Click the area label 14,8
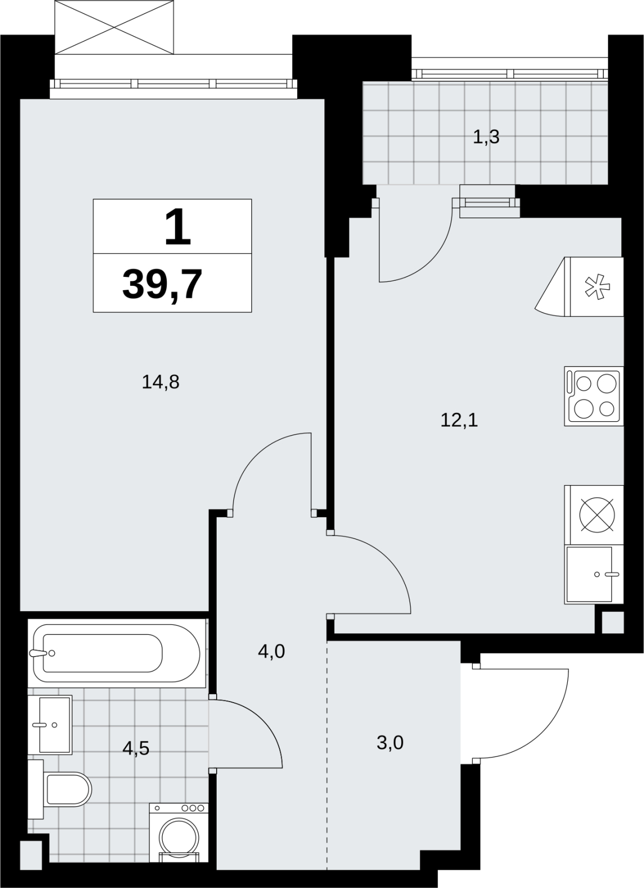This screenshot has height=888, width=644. pos(161,382)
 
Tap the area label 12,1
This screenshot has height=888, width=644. pos(459,420)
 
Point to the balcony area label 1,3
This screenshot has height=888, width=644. pos(486,137)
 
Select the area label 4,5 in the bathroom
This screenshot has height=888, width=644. pos(136,749)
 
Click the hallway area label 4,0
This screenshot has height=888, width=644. pos(271,652)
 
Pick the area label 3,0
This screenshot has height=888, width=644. pos(390,743)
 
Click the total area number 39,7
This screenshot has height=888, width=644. pos(162,284)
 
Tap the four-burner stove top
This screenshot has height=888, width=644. pos(593,396)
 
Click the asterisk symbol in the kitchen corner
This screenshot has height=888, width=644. pos(598,286)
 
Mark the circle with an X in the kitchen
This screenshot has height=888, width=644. pos(597,514)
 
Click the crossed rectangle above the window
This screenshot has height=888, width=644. pos(114,27)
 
